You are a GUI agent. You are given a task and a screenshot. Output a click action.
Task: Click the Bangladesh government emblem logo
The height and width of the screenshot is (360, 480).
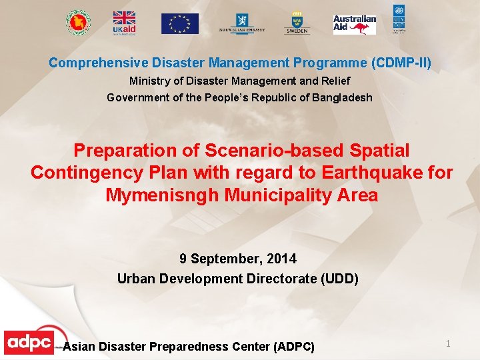point(79,22)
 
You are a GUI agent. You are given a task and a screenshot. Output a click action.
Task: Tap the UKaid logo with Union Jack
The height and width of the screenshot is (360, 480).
point(123,23)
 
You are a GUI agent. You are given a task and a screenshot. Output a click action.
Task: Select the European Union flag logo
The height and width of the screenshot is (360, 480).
point(179,23)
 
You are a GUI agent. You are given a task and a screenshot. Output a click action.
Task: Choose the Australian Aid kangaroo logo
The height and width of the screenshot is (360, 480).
point(355,25)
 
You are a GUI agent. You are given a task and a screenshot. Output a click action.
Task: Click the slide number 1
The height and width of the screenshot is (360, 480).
point(448,343)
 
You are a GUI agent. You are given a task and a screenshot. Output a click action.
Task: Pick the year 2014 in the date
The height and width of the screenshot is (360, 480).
point(283,259)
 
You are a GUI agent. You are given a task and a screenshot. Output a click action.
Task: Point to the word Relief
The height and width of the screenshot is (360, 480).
point(334,81)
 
